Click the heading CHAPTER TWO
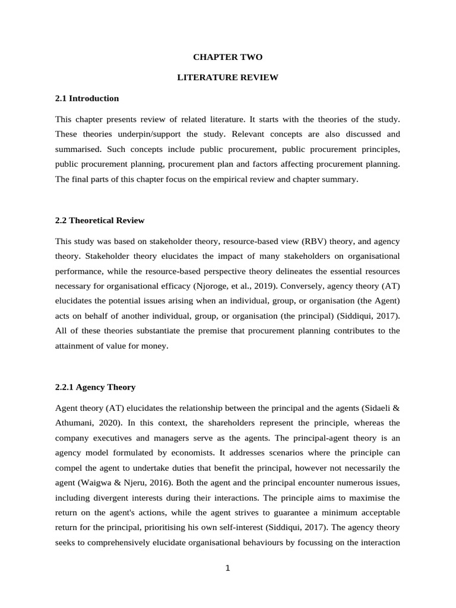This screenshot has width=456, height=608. (227, 57)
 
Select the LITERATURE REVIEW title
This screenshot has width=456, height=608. (227, 78)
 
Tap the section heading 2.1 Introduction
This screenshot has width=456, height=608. (87, 98)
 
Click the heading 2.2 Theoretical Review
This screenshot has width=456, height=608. (100, 220)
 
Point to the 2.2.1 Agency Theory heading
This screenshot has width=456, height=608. (95, 387)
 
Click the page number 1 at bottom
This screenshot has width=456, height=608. (227, 568)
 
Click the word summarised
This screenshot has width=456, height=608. (80, 148)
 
